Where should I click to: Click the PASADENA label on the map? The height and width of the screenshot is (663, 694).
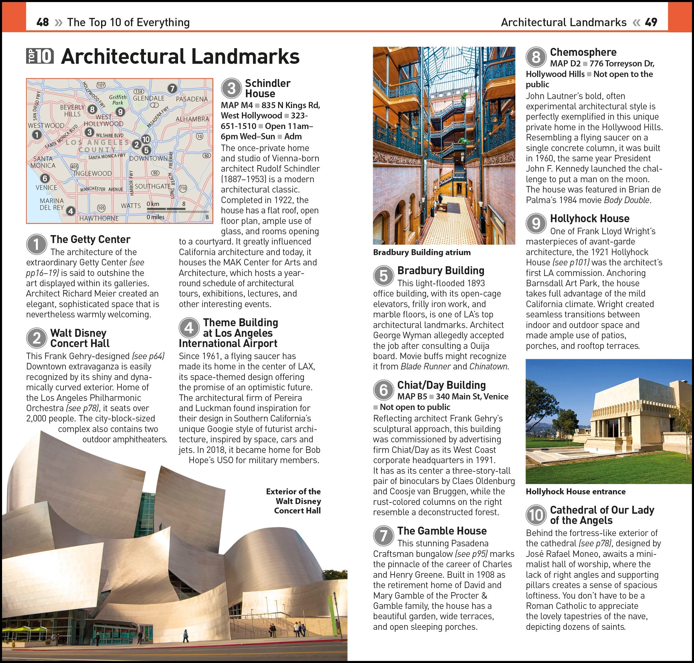point(192,99)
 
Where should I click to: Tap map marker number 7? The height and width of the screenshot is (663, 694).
point(172,88)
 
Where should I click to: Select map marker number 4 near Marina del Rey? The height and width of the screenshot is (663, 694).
point(71,211)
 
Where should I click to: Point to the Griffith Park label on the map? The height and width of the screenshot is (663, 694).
point(118,100)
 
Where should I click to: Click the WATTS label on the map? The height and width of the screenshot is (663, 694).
point(130,205)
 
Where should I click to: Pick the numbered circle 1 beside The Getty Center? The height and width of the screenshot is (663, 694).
point(36,244)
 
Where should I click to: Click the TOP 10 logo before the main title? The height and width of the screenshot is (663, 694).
point(40,56)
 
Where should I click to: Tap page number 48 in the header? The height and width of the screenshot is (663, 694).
point(42,22)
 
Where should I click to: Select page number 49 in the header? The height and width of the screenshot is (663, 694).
point(651,22)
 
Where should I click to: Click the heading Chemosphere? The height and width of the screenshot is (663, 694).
point(583,52)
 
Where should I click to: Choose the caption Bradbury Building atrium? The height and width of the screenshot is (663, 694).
point(422,252)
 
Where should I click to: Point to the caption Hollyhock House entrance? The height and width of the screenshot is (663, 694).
point(575,491)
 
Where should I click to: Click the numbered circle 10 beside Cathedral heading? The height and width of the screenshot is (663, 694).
point(536,515)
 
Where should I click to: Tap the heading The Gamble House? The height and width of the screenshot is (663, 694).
point(442,530)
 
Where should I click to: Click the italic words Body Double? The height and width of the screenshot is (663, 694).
point(626,200)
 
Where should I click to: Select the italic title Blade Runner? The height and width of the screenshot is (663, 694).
point(425,366)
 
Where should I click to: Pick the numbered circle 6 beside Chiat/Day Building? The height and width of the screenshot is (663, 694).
point(383,390)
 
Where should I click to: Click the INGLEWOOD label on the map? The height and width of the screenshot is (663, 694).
point(93,173)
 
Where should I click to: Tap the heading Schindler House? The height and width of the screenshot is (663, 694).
point(267,88)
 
